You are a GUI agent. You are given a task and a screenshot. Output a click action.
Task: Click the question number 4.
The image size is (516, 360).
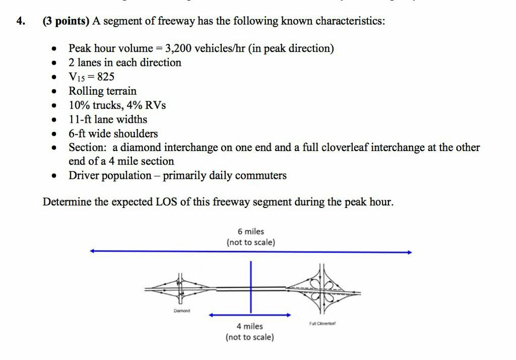20,22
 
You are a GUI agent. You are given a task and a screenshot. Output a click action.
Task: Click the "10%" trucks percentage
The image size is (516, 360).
79,105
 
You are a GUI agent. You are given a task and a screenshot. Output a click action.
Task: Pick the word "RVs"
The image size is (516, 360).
156,105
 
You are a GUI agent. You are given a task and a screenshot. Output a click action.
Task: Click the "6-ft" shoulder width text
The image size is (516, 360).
78,133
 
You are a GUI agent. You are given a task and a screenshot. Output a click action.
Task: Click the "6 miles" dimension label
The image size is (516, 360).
250,232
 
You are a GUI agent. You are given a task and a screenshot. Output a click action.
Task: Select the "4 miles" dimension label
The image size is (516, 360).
250,326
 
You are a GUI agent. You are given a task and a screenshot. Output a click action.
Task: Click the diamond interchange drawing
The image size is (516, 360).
179,289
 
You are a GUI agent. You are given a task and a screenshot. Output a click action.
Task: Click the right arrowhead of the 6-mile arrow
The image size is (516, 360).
410,252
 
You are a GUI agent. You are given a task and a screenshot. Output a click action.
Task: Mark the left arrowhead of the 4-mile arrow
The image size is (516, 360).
212,315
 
